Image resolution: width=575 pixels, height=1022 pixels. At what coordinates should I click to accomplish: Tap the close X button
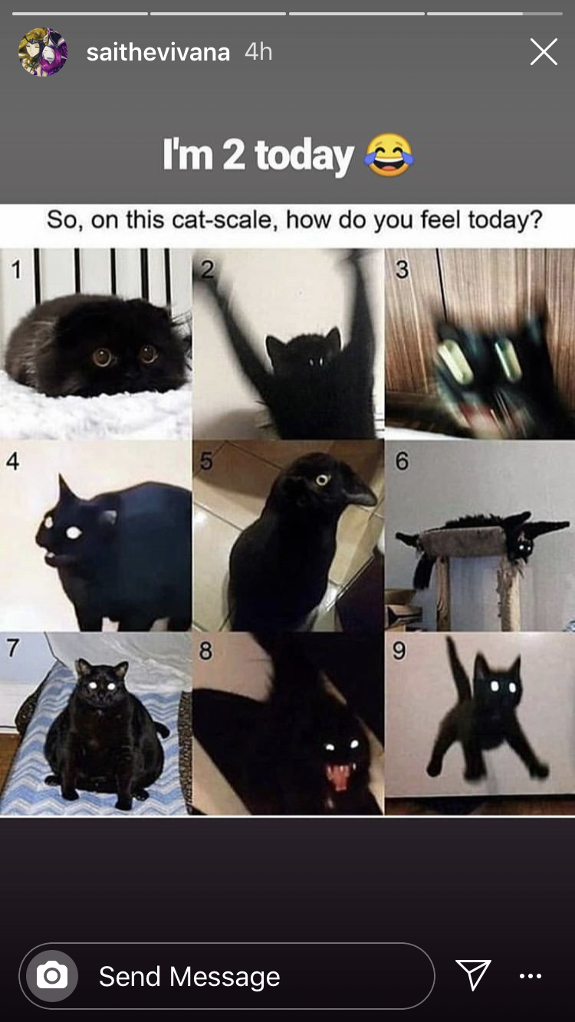pyautogui.click(x=544, y=51)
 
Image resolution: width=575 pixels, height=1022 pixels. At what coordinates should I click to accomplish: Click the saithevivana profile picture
pyautogui.click(x=43, y=51)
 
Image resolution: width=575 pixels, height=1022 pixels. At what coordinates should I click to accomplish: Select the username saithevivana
pyautogui.click(x=158, y=52)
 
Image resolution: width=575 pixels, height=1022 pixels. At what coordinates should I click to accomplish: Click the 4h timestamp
pyautogui.click(x=258, y=51)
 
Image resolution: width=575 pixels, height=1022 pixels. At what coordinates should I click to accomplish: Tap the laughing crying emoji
pyautogui.click(x=389, y=155)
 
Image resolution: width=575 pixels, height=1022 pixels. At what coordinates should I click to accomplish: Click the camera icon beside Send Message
pyautogui.click(x=52, y=976)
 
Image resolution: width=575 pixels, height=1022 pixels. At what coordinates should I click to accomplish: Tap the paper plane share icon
pyautogui.click(x=473, y=975)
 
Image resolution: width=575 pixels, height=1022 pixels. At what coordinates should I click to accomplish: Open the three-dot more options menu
pyautogui.click(x=531, y=976)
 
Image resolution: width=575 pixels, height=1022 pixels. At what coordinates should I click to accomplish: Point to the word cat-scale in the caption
pyautogui.click(x=225, y=220)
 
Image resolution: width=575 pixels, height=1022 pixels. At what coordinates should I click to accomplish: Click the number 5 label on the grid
pyautogui.click(x=206, y=461)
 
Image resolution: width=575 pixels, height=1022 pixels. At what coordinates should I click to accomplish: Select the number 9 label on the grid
pyautogui.click(x=399, y=650)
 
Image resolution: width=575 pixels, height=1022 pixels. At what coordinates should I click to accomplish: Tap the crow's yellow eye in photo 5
pyautogui.click(x=323, y=480)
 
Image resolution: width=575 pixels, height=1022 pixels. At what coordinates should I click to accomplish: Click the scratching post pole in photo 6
pyautogui.click(x=511, y=593)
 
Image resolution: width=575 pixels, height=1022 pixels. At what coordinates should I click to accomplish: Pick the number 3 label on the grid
pyautogui.click(x=402, y=269)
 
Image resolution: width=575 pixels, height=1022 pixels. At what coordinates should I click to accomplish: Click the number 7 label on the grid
pyautogui.click(x=13, y=647)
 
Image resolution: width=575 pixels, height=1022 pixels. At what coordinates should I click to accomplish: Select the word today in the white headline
pyautogui.click(x=304, y=156)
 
